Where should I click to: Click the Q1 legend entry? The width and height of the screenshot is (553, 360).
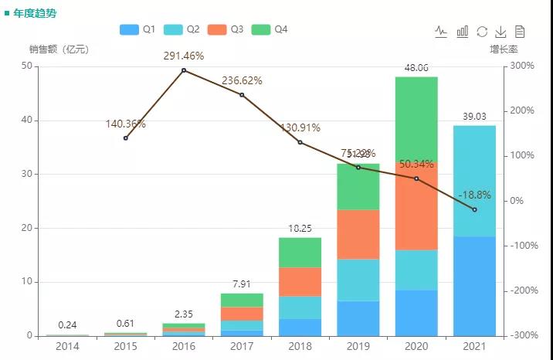tap(138, 29)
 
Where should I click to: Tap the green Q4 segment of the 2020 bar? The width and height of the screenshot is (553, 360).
tap(416, 119)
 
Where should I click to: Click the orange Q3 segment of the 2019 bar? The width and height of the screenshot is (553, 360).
tap(358, 234)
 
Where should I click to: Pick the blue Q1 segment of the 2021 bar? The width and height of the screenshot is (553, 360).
tap(474, 286)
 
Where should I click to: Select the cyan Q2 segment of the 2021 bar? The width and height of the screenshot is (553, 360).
tap(474, 181)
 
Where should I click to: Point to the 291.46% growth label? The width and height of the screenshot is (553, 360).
tap(185, 56)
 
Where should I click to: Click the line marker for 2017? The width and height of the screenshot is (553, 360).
tap(242, 95)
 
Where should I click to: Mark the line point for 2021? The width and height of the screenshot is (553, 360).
tap(474, 209)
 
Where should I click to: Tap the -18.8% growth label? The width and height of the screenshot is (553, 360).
tap(474, 195)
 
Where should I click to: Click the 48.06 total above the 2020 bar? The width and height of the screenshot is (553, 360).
tap(416, 68)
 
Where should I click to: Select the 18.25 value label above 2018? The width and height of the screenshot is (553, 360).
tap(300, 229)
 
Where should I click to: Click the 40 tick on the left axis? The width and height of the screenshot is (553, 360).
tap(27, 121)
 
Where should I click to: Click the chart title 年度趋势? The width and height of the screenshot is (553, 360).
tap(35, 13)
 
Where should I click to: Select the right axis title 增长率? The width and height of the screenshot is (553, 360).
tap(504, 49)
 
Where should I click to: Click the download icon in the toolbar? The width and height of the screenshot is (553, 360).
tap(500, 32)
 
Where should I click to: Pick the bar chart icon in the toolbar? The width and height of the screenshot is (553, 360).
tap(463, 32)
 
